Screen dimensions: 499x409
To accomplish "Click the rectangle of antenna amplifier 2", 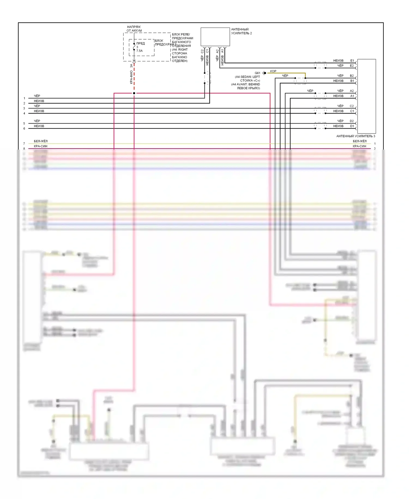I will (215, 37).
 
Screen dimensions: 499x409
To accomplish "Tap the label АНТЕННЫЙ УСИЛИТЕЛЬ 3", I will (356, 136).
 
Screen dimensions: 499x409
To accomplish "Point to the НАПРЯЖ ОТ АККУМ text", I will (134, 29).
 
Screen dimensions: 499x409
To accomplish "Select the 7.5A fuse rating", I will (139, 51).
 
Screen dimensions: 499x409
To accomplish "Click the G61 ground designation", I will (257, 73).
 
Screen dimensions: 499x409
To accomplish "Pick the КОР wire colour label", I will (273, 71).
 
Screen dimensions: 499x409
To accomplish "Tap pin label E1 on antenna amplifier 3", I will (352, 61).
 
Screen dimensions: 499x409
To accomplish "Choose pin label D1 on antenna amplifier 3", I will (352, 126).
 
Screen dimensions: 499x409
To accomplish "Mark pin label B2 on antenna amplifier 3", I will (352, 76).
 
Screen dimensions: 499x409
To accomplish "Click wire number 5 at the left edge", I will (24, 123).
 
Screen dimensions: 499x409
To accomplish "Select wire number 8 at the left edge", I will (24, 148).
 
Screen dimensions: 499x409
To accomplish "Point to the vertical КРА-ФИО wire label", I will (131, 77).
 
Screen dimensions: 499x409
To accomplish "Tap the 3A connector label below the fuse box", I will (131, 66).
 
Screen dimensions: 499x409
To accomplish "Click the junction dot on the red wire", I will (134, 93).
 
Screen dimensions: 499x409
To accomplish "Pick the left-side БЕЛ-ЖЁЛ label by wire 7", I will (41, 141).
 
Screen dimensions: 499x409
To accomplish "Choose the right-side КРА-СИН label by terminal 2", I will (359, 146).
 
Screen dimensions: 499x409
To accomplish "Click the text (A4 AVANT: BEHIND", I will (245, 84).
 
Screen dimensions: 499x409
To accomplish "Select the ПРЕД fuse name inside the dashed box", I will (140, 43).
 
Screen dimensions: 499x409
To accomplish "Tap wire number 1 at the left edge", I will (24, 98).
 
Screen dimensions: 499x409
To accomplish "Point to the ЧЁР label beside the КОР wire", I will (285, 76).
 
